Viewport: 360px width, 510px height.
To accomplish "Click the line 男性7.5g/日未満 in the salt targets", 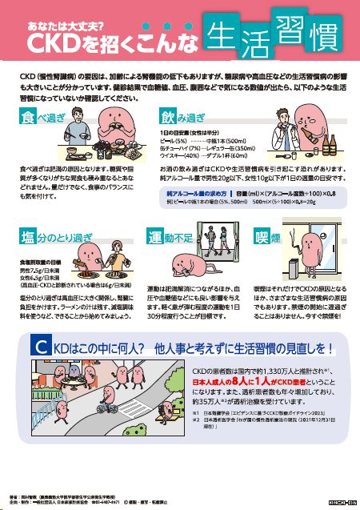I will [x=40, y=271].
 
